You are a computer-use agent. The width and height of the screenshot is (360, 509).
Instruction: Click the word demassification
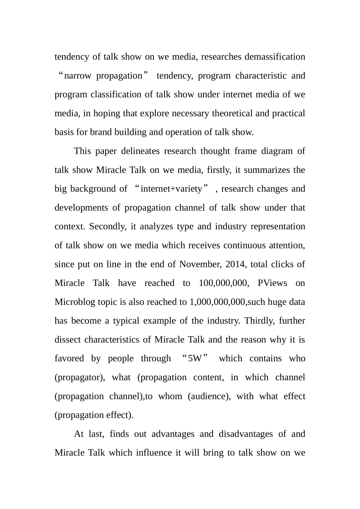point(275,57)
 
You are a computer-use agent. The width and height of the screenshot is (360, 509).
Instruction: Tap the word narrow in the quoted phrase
point(78,76)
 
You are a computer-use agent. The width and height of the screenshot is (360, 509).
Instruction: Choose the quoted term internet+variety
point(171,189)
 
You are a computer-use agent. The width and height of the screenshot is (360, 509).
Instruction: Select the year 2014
point(235,264)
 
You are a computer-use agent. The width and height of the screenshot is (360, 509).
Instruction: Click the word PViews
point(272,283)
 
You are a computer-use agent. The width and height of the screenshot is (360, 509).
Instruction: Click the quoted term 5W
point(195,359)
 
